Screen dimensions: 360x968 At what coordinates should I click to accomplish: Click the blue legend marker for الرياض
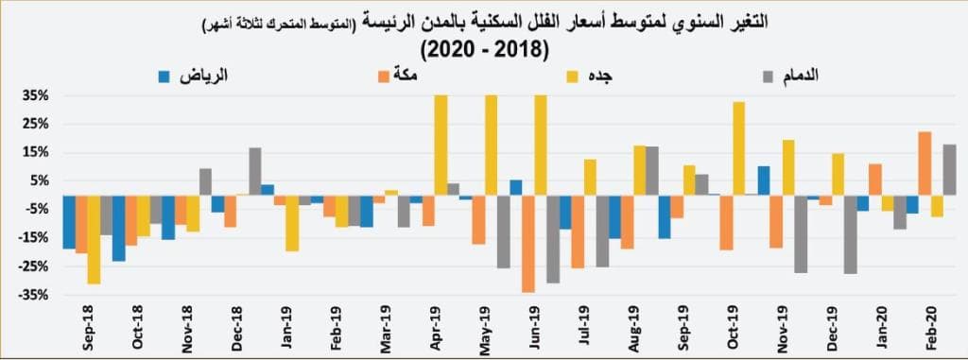164,74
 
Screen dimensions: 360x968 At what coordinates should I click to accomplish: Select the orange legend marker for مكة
383,74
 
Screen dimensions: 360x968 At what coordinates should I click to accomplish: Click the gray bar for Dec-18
255,171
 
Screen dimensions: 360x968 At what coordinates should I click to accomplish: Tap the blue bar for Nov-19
764,180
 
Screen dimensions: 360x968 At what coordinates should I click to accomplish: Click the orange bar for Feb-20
925,163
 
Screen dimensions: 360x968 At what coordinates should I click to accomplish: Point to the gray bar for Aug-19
651,170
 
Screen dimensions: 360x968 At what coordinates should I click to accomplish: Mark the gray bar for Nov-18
205,181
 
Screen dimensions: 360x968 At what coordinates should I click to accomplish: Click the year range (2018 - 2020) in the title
484,48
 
